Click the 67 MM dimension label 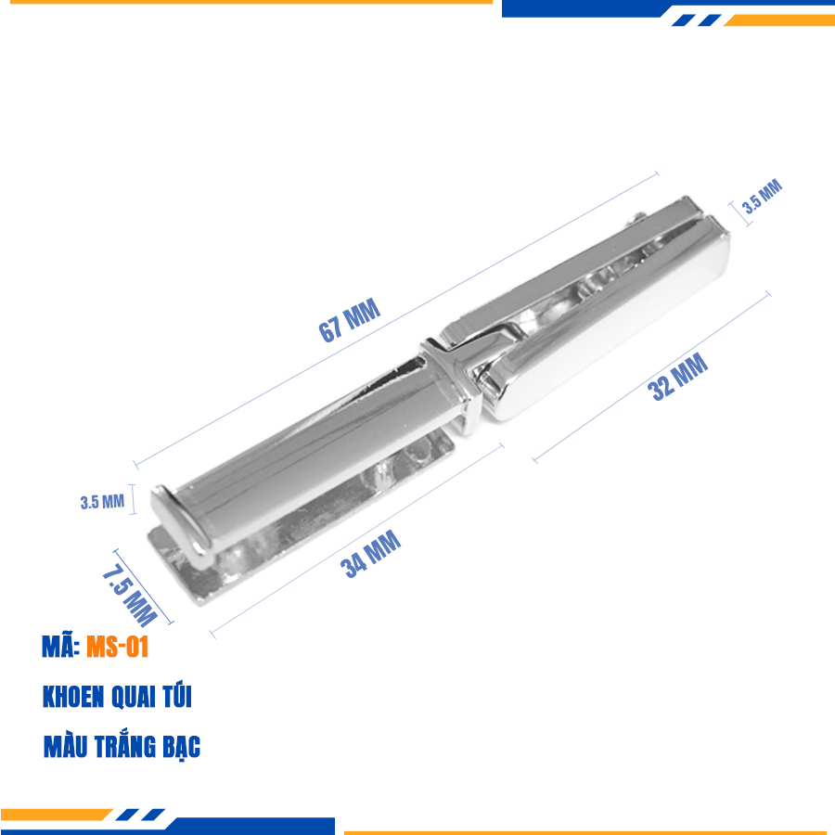[350, 319]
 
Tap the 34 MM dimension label [370, 554]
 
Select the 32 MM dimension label [677, 377]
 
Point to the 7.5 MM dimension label [129, 594]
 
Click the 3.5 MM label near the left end [102, 502]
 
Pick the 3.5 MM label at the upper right [762, 196]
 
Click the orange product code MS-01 [117, 647]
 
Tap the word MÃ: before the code [61, 647]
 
